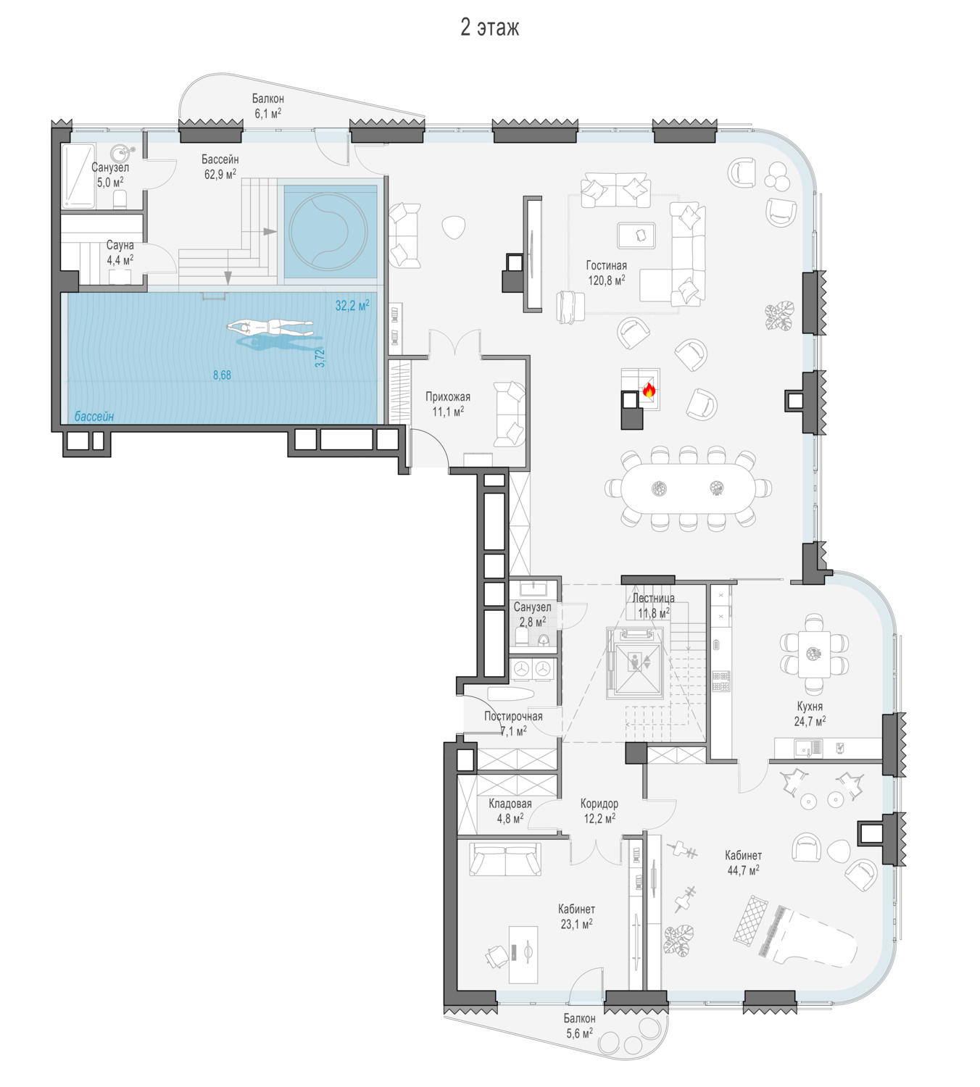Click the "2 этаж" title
click(x=489, y=27)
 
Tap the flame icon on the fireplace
click(x=649, y=389)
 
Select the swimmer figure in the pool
click(x=270, y=328)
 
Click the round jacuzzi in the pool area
click(x=328, y=231)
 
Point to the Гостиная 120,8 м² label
click(x=607, y=272)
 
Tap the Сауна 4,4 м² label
click(x=120, y=252)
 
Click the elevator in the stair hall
click(x=635, y=662)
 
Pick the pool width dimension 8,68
click(x=222, y=375)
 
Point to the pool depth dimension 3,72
click(x=320, y=358)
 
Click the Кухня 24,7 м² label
click(x=810, y=714)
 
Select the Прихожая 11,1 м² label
click(x=448, y=404)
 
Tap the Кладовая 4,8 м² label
click(x=510, y=811)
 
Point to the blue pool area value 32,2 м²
click(x=352, y=306)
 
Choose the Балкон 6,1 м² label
click(x=267, y=107)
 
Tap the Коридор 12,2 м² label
click(x=599, y=811)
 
